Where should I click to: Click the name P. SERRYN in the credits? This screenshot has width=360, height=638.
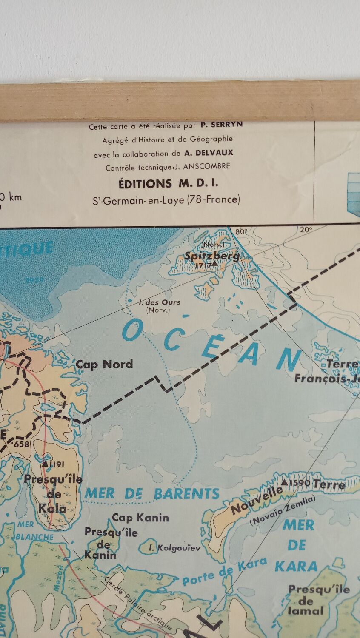221,125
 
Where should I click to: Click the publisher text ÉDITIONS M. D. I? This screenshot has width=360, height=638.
168,184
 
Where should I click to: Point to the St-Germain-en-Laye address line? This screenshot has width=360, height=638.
166,199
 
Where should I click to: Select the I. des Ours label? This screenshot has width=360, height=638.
160,302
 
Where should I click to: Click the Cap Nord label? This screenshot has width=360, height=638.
104,364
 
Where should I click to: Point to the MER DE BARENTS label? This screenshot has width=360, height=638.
152,493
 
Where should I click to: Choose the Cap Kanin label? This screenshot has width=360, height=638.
140,518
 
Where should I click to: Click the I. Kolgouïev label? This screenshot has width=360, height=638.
174,548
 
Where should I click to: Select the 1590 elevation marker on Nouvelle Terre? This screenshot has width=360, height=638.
296,483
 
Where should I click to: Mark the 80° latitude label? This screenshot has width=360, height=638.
241,232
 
